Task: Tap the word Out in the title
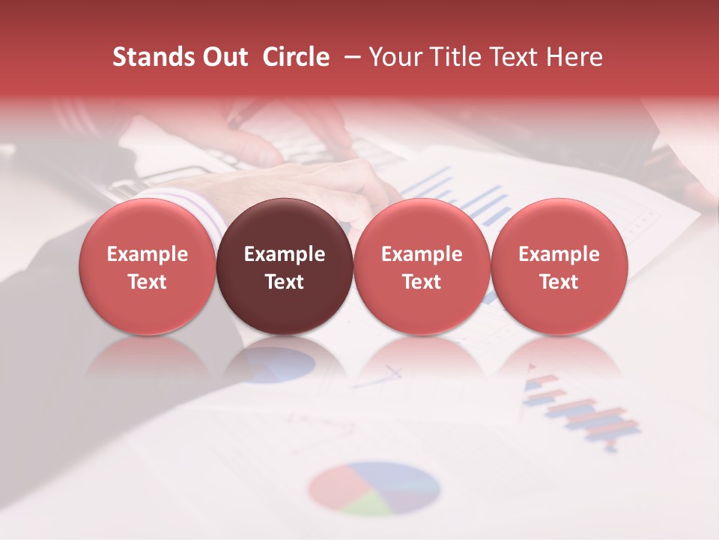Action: (x=224, y=57)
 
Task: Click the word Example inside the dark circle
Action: (x=285, y=254)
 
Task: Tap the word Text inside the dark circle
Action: (x=285, y=282)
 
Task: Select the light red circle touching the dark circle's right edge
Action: (x=422, y=265)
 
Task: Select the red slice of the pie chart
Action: (x=334, y=486)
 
